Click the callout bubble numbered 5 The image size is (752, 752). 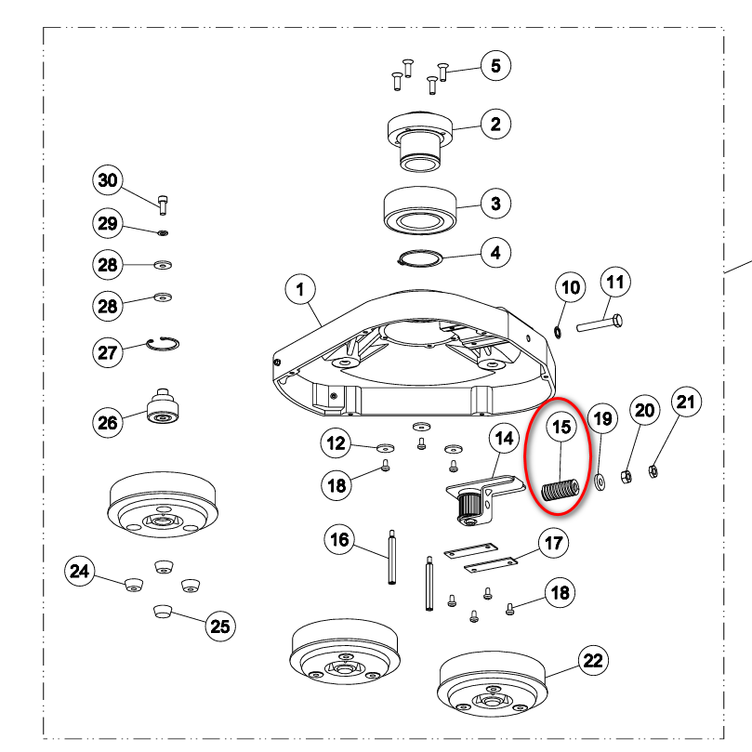click(495, 66)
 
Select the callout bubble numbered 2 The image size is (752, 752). click(495, 125)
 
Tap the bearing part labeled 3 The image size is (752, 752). click(420, 210)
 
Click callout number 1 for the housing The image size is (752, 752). click(300, 290)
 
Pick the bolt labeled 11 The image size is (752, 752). click(600, 323)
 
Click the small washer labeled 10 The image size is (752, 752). click(558, 332)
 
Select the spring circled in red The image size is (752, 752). click(561, 490)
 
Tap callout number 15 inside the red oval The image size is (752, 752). click(561, 427)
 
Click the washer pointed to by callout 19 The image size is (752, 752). click(600, 482)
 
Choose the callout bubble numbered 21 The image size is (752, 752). click(686, 402)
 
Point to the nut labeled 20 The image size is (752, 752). click(626, 477)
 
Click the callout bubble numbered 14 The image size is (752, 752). click(504, 439)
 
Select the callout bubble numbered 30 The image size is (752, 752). click(108, 180)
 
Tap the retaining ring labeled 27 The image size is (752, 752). click(163, 344)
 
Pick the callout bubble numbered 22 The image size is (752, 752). click(593, 660)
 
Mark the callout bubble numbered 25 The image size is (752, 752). click(220, 626)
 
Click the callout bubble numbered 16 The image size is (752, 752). click(339, 539)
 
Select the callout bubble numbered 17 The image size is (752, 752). click(553, 543)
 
